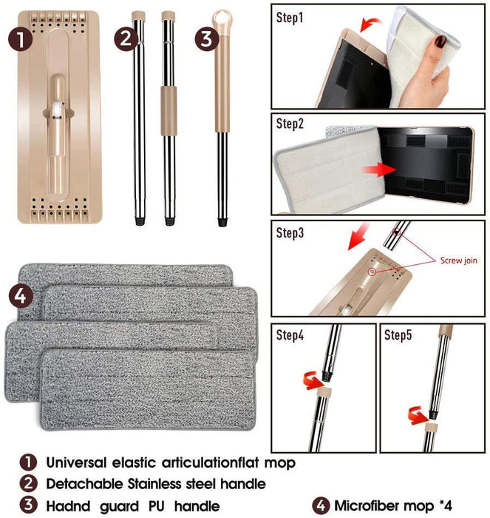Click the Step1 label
[290, 16]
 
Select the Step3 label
[290, 232]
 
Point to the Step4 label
[290, 334]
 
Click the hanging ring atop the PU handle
[222, 18]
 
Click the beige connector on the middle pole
[169, 99]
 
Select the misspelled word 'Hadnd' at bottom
[72, 506]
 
